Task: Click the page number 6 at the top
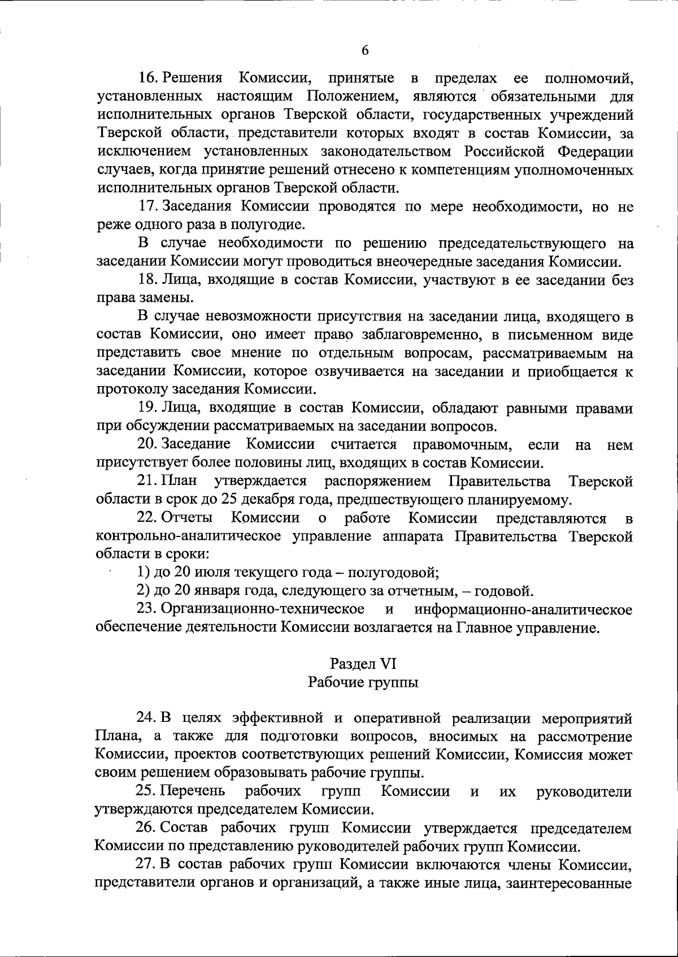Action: pos(365,51)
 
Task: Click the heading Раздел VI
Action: pos(363,664)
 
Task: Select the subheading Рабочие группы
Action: pos(363,682)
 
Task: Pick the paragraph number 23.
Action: pos(148,609)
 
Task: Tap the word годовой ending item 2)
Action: pos(503,591)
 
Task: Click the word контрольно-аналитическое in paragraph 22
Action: pos(189,536)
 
